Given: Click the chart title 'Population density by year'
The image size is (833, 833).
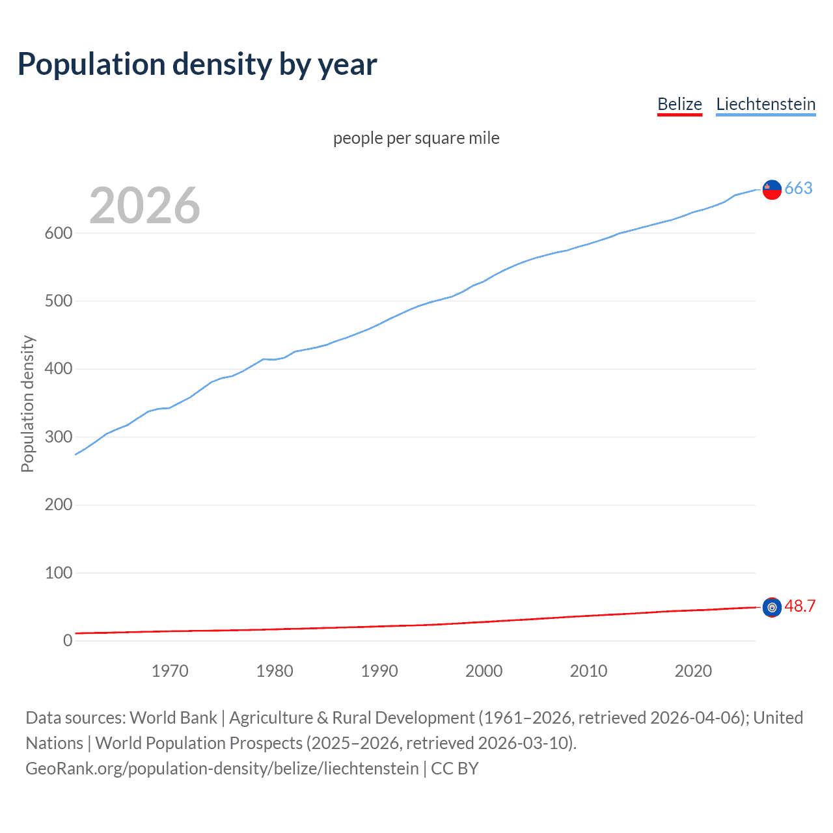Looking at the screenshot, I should tap(197, 64).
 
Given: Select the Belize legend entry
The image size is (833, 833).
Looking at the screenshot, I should tap(679, 104).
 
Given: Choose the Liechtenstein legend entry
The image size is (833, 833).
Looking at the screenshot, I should tap(765, 104).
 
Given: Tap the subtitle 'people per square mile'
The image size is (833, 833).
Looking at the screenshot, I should tap(416, 138).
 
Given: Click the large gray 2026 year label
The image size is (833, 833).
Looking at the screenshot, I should tap(144, 206).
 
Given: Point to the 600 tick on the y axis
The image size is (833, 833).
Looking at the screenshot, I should tap(58, 233).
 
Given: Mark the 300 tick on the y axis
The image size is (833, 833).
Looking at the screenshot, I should tap(58, 437).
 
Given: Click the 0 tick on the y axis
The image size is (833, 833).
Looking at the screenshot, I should tap(68, 640).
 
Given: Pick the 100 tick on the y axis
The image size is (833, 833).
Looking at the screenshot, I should tap(58, 573).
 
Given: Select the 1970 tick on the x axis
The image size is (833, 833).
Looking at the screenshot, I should tap(170, 671).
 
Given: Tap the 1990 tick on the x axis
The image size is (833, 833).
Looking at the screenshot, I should tap(379, 671).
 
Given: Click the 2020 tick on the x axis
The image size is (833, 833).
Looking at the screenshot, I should tap(693, 671).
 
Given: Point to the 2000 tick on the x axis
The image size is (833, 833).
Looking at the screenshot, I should tap(484, 671).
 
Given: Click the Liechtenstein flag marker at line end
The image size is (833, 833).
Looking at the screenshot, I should tap(772, 189).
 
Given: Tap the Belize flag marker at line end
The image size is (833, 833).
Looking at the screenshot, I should tap(772, 607).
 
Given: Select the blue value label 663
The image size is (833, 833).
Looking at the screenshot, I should tap(799, 188).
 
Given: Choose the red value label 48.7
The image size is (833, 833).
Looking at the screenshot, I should tap(800, 606).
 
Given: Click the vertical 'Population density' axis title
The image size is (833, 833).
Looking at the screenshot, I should tap(27, 403).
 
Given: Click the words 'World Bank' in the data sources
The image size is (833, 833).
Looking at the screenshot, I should tap(173, 718).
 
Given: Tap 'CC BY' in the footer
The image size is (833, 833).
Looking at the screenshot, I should tap(454, 769).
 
